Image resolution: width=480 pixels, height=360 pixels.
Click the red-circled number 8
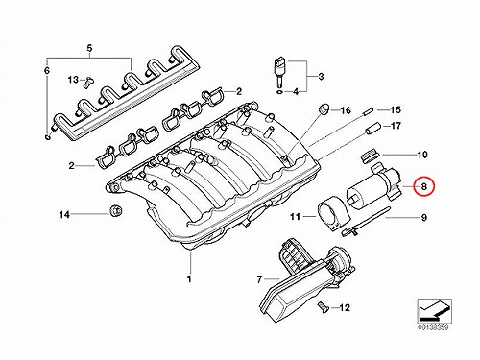(x=423, y=186)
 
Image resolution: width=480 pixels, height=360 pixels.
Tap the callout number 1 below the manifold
(x=189, y=278)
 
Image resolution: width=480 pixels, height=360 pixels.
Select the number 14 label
(x=64, y=215)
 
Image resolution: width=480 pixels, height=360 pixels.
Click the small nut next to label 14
(x=115, y=211)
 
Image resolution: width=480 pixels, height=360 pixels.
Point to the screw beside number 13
(x=87, y=82)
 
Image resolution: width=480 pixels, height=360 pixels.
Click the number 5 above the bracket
(x=89, y=49)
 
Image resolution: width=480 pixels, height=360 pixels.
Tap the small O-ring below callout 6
(x=48, y=137)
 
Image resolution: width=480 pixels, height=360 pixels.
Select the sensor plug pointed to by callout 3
(x=279, y=72)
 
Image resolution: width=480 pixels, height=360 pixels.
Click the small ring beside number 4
(x=279, y=92)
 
